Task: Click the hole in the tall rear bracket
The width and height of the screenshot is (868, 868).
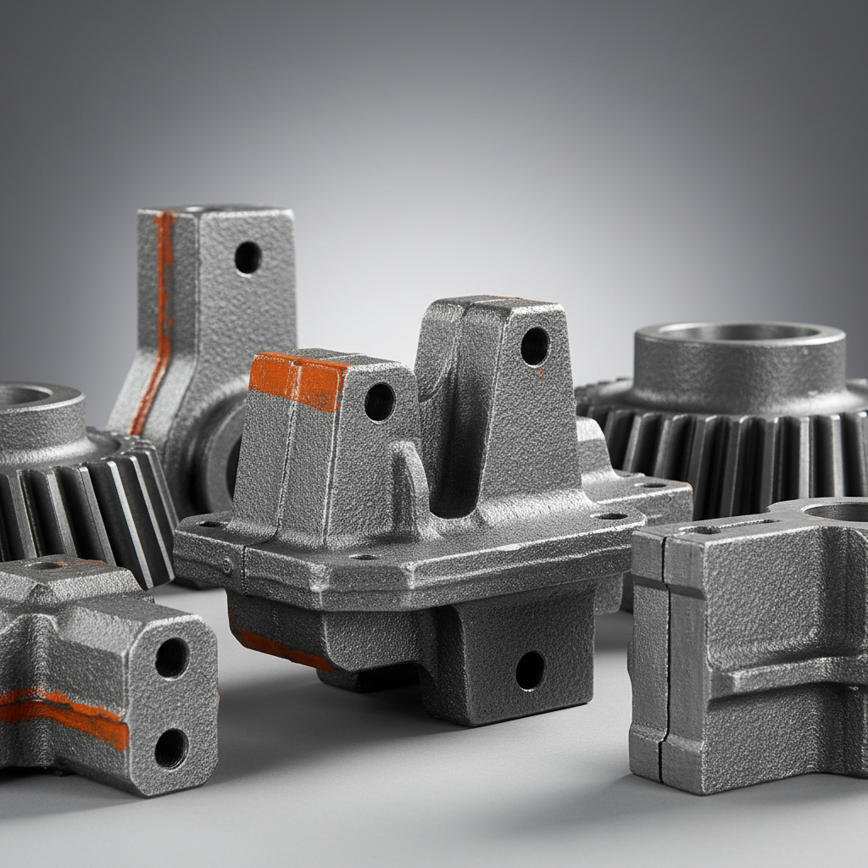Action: (248, 258)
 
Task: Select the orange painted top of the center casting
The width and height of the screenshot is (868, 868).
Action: (298, 380)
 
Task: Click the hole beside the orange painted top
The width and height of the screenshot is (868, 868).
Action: (379, 402)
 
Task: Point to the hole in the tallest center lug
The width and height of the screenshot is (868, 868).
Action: (535, 346)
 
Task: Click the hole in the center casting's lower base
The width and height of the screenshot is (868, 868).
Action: (531, 670)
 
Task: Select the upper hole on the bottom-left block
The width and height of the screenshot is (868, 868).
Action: (172, 658)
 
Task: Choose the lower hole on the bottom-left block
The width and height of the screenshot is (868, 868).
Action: (171, 748)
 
